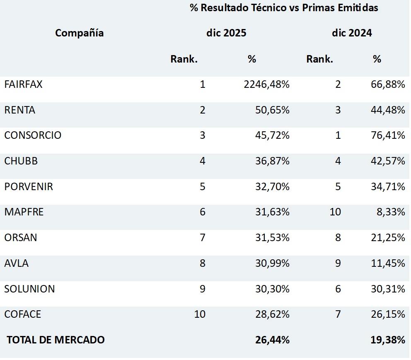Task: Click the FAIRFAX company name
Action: (x=23, y=85)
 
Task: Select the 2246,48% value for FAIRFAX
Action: (x=267, y=85)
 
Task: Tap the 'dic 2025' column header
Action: (x=226, y=33)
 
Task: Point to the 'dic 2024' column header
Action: (x=352, y=33)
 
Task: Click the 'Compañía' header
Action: (x=79, y=33)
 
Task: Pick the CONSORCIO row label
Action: (x=33, y=135)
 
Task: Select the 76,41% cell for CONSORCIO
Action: (x=388, y=135)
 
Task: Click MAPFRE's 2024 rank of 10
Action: (x=335, y=212)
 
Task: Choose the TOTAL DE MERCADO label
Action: (x=56, y=340)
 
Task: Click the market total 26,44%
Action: (x=272, y=340)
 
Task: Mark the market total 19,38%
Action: (x=388, y=340)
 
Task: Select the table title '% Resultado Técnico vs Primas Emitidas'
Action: (x=284, y=8)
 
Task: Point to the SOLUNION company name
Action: (x=29, y=289)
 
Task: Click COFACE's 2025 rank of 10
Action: (x=200, y=314)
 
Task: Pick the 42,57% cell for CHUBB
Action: (x=388, y=161)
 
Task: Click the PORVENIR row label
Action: (x=29, y=187)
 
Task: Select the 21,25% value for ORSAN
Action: (x=388, y=238)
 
